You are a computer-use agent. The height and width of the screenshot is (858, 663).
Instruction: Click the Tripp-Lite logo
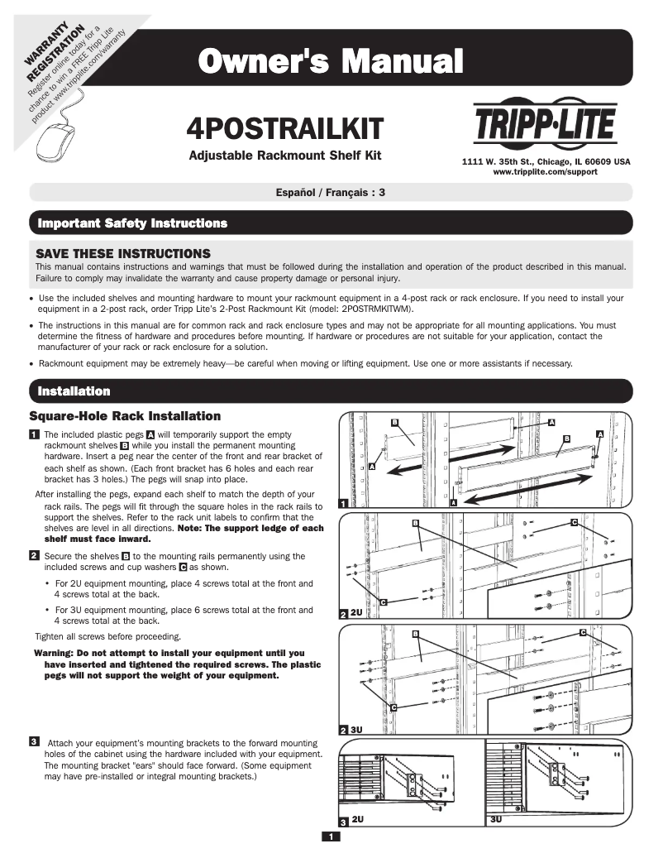pyautogui.click(x=545, y=124)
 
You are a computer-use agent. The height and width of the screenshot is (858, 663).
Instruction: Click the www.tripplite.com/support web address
pyautogui.click(x=545, y=172)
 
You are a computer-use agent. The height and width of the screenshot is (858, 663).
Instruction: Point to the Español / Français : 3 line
pyautogui.click(x=331, y=192)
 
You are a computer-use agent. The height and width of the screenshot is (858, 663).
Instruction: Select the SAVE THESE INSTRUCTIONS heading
pyautogui.click(x=123, y=252)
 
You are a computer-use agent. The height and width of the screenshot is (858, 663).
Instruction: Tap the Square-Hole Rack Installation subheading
pyautogui.click(x=125, y=415)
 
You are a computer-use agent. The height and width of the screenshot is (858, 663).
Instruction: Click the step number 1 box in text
pyautogui.click(x=34, y=434)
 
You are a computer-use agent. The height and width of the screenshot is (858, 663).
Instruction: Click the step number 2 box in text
pyautogui.click(x=34, y=556)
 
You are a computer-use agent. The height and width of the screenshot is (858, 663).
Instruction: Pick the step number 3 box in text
pyautogui.click(x=34, y=741)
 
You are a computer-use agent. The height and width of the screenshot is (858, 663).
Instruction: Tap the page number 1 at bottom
pyautogui.click(x=331, y=837)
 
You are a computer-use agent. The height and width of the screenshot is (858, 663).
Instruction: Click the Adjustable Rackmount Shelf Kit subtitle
pyautogui.click(x=285, y=156)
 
